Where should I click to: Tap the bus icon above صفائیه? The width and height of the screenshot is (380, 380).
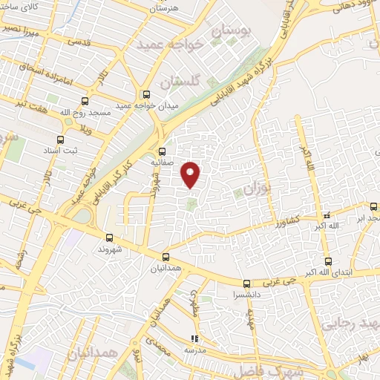tap(163, 150)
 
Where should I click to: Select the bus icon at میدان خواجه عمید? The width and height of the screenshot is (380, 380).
tap(145, 94)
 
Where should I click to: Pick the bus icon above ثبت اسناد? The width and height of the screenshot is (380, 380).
tap(61, 138)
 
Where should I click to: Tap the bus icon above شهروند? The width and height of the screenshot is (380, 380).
tap(110, 237)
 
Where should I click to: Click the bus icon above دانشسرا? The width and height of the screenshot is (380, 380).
tap(246, 283)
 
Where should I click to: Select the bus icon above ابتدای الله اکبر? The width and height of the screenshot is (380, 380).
tap(328, 261)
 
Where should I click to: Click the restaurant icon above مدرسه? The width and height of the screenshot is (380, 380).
tap(194, 338)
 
